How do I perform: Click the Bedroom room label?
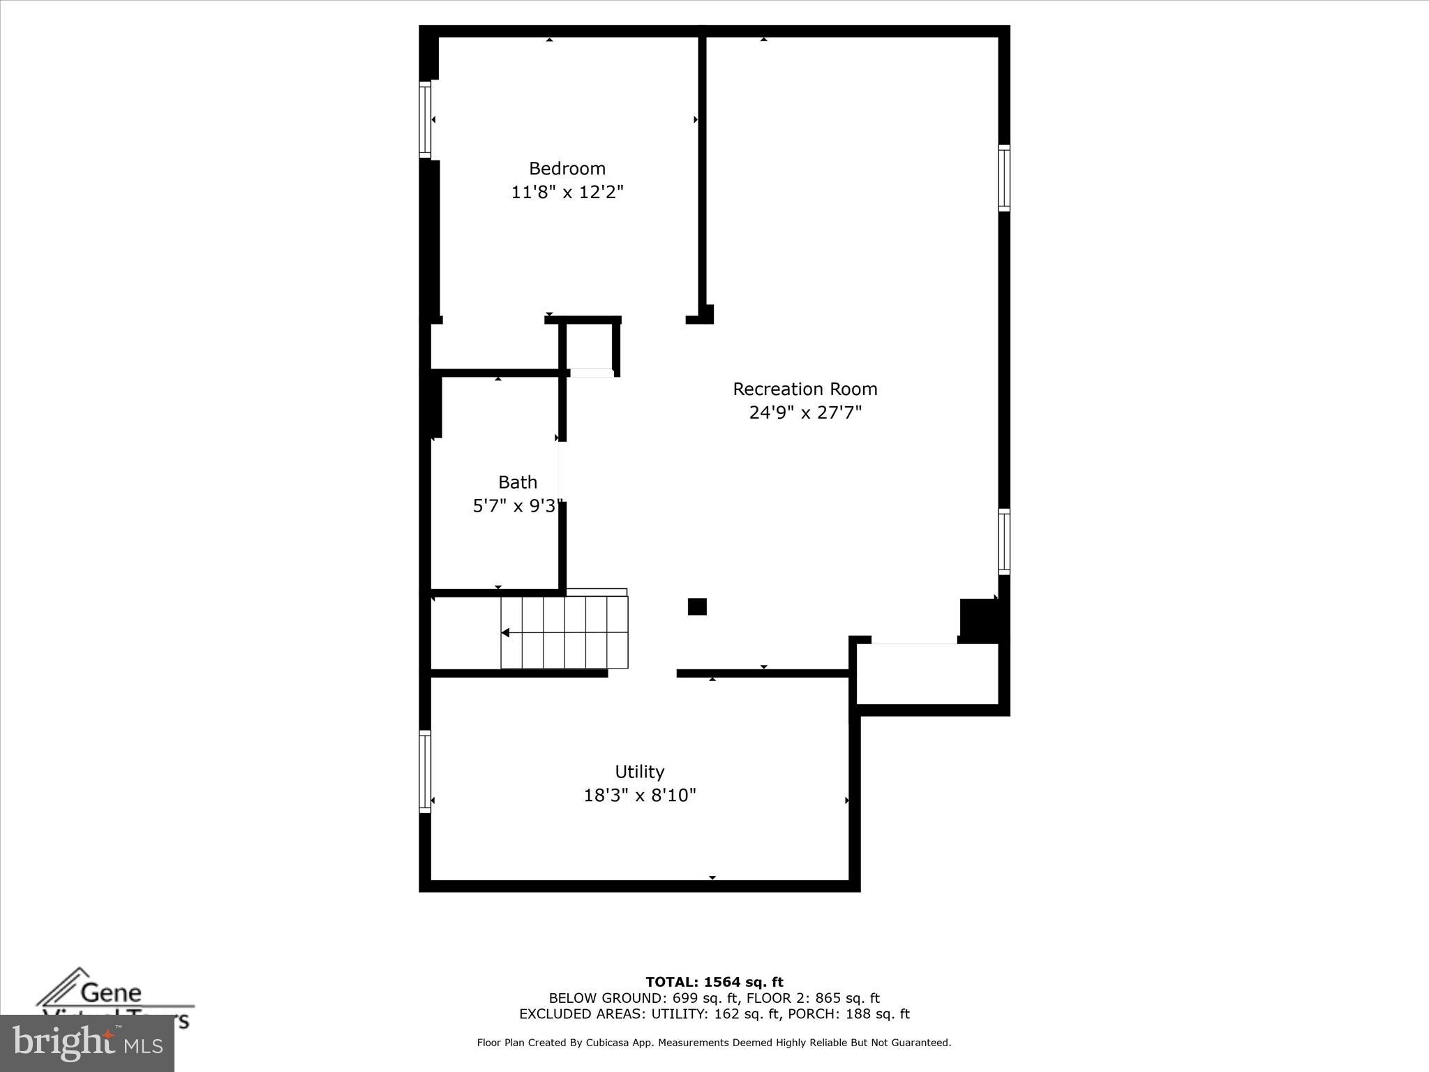[x=567, y=168]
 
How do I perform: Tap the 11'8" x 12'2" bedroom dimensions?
[x=567, y=192]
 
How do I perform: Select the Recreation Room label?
[x=805, y=389]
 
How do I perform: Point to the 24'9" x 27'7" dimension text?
[x=805, y=412]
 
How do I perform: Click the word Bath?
[x=517, y=482]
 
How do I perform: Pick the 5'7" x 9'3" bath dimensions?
[x=517, y=506]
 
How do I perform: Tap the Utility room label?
[x=639, y=772]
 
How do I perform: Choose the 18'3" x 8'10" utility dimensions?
[x=640, y=796]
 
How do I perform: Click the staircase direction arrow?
[x=506, y=633]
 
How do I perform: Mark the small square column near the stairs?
[x=697, y=606]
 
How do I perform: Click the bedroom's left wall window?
[x=424, y=119]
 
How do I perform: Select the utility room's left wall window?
[x=424, y=771]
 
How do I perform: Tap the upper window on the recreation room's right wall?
[x=1004, y=178]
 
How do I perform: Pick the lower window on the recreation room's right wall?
[x=1004, y=542]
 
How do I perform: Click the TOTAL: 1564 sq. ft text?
[x=714, y=983]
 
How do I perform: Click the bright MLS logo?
[x=87, y=1043]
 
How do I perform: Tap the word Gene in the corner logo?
[x=111, y=992]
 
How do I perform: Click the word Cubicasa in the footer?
[x=605, y=1043]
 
